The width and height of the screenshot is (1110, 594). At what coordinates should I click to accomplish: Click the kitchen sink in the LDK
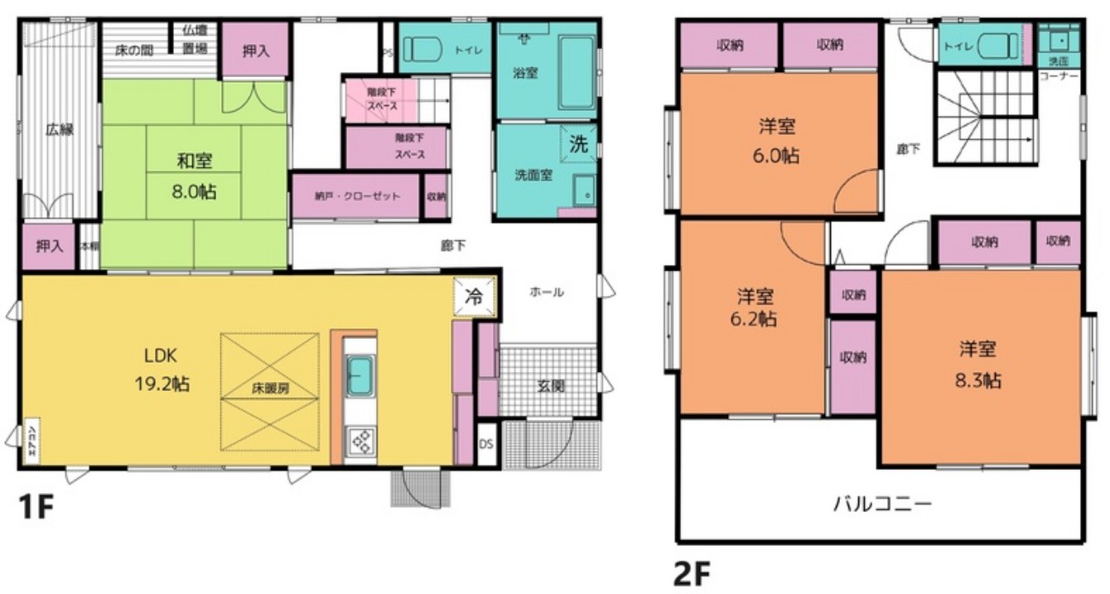tap(360, 374)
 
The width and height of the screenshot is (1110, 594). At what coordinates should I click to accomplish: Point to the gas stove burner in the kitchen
tap(361, 442)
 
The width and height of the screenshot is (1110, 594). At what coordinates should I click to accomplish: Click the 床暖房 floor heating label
tap(270, 388)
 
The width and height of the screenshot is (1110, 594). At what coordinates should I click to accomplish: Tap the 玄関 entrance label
tap(547, 385)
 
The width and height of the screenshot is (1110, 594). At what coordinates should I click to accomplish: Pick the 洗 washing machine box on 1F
tap(578, 142)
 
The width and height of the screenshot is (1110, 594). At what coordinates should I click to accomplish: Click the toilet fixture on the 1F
tap(419, 49)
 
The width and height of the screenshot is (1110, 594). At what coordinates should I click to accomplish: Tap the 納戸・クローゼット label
tap(357, 196)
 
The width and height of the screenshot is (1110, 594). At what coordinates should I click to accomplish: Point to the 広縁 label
tap(59, 129)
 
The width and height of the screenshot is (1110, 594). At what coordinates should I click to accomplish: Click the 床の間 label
tap(133, 49)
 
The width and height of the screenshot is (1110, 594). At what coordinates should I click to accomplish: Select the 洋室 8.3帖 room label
tap(981, 365)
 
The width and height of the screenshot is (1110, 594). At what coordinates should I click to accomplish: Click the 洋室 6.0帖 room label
tap(777, 141)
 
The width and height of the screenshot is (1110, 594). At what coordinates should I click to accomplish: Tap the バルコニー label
tap(882, 503)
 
